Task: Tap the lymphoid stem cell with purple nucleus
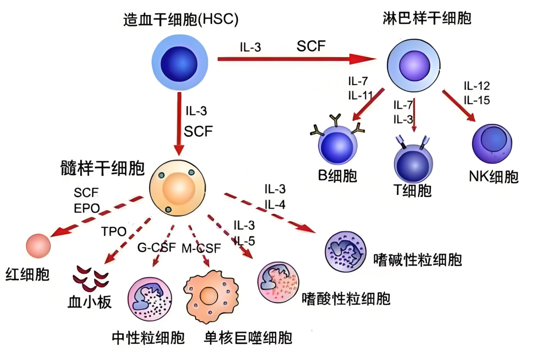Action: pos(414,65)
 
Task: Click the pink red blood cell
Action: pos(39,246)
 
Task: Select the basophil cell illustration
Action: pos(345,252)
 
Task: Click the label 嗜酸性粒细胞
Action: pos(346,298)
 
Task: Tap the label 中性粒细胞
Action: pos(148,337)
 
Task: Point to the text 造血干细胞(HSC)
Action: pos(181,20)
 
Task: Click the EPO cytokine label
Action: pos(87,208)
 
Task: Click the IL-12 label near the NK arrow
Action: pos(477,85)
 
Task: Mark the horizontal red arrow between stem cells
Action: pos(296,59)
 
